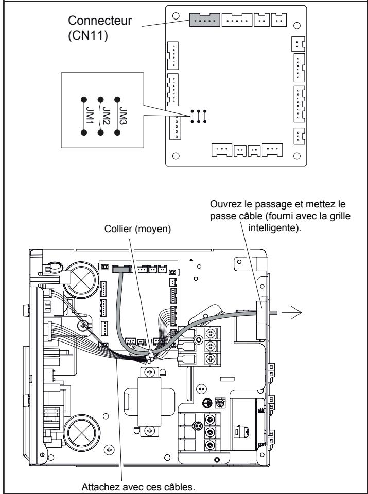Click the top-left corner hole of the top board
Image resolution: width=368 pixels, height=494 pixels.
(176, 16)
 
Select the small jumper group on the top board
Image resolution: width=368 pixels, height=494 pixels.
(199, 117)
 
